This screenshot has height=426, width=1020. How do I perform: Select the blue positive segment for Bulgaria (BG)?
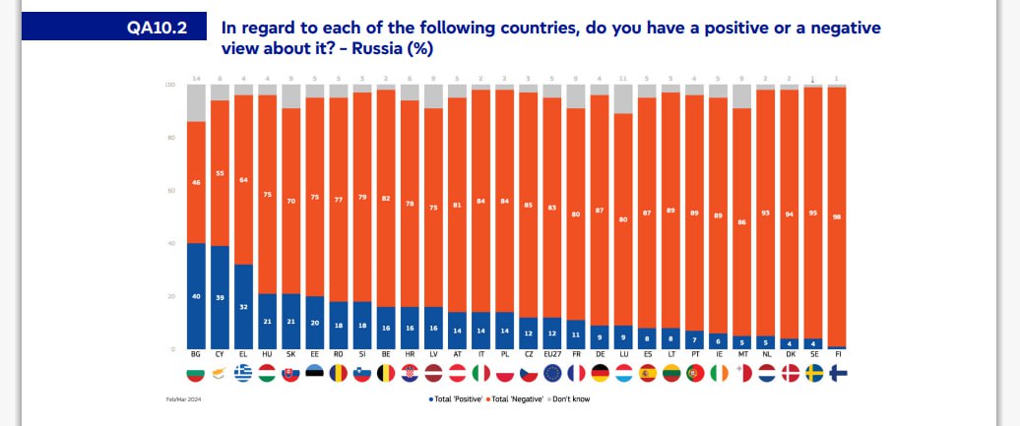(x=196, y=295)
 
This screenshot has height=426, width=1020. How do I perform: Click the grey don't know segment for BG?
(x=196, y=103)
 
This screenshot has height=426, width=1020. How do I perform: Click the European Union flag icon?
(x=552, y=374)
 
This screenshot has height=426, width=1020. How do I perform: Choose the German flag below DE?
(x=599, y=374)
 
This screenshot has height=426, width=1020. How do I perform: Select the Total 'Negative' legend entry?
(x=513, y=398)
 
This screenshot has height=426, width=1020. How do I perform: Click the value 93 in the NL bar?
(x=764, y=213)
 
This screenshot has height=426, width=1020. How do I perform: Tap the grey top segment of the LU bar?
(x=623, y=99)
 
